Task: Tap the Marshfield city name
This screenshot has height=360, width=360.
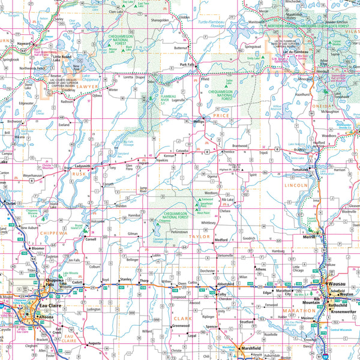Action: click(x=250, y=348)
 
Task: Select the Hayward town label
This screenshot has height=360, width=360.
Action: click(x=25, y=44)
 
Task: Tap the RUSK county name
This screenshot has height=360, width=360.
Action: click(x=79, y=175)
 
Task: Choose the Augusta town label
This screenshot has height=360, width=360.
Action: click(x=95, y=344)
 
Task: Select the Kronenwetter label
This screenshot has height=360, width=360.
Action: click(x=343, y=312)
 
